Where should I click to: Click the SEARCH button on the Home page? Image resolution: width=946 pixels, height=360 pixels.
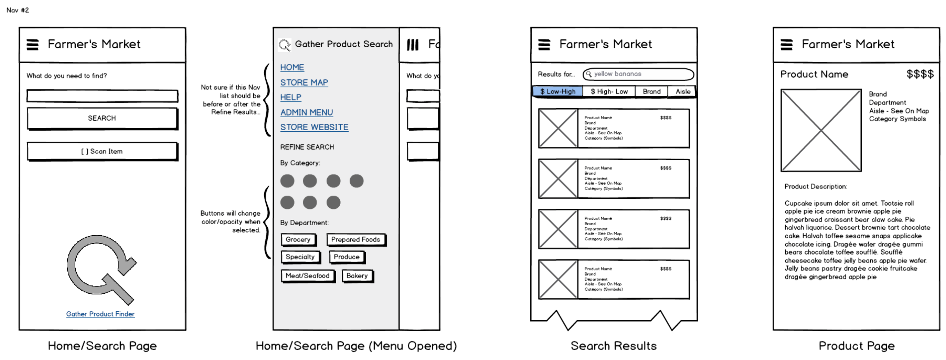click(102, 118)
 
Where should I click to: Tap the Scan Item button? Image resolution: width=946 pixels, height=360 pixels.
click(102, 151)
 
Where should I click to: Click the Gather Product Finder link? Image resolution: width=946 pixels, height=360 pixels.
click(100, 314)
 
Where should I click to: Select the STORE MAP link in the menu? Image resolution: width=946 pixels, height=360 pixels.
click(304, 83)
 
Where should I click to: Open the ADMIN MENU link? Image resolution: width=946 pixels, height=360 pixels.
click(307, 112)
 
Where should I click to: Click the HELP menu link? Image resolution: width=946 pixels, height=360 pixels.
click(291, 97)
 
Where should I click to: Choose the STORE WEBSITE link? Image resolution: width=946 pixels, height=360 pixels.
click(314, 127)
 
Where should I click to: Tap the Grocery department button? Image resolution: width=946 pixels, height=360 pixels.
click(298, 239)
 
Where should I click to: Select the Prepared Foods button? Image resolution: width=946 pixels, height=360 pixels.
click(356, 239)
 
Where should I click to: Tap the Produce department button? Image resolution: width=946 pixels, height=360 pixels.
click(347, 257)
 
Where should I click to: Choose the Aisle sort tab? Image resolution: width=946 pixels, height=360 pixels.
click(683, 92)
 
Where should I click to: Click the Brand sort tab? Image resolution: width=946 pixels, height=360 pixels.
click(652, 92)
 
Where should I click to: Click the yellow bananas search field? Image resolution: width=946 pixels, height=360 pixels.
click(638, 74)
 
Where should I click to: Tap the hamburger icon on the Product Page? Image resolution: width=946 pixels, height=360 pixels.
click(786, 45)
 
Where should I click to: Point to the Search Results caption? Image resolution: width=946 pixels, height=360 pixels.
click(613, 346)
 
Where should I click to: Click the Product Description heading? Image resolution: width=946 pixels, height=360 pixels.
click(816, 187)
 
